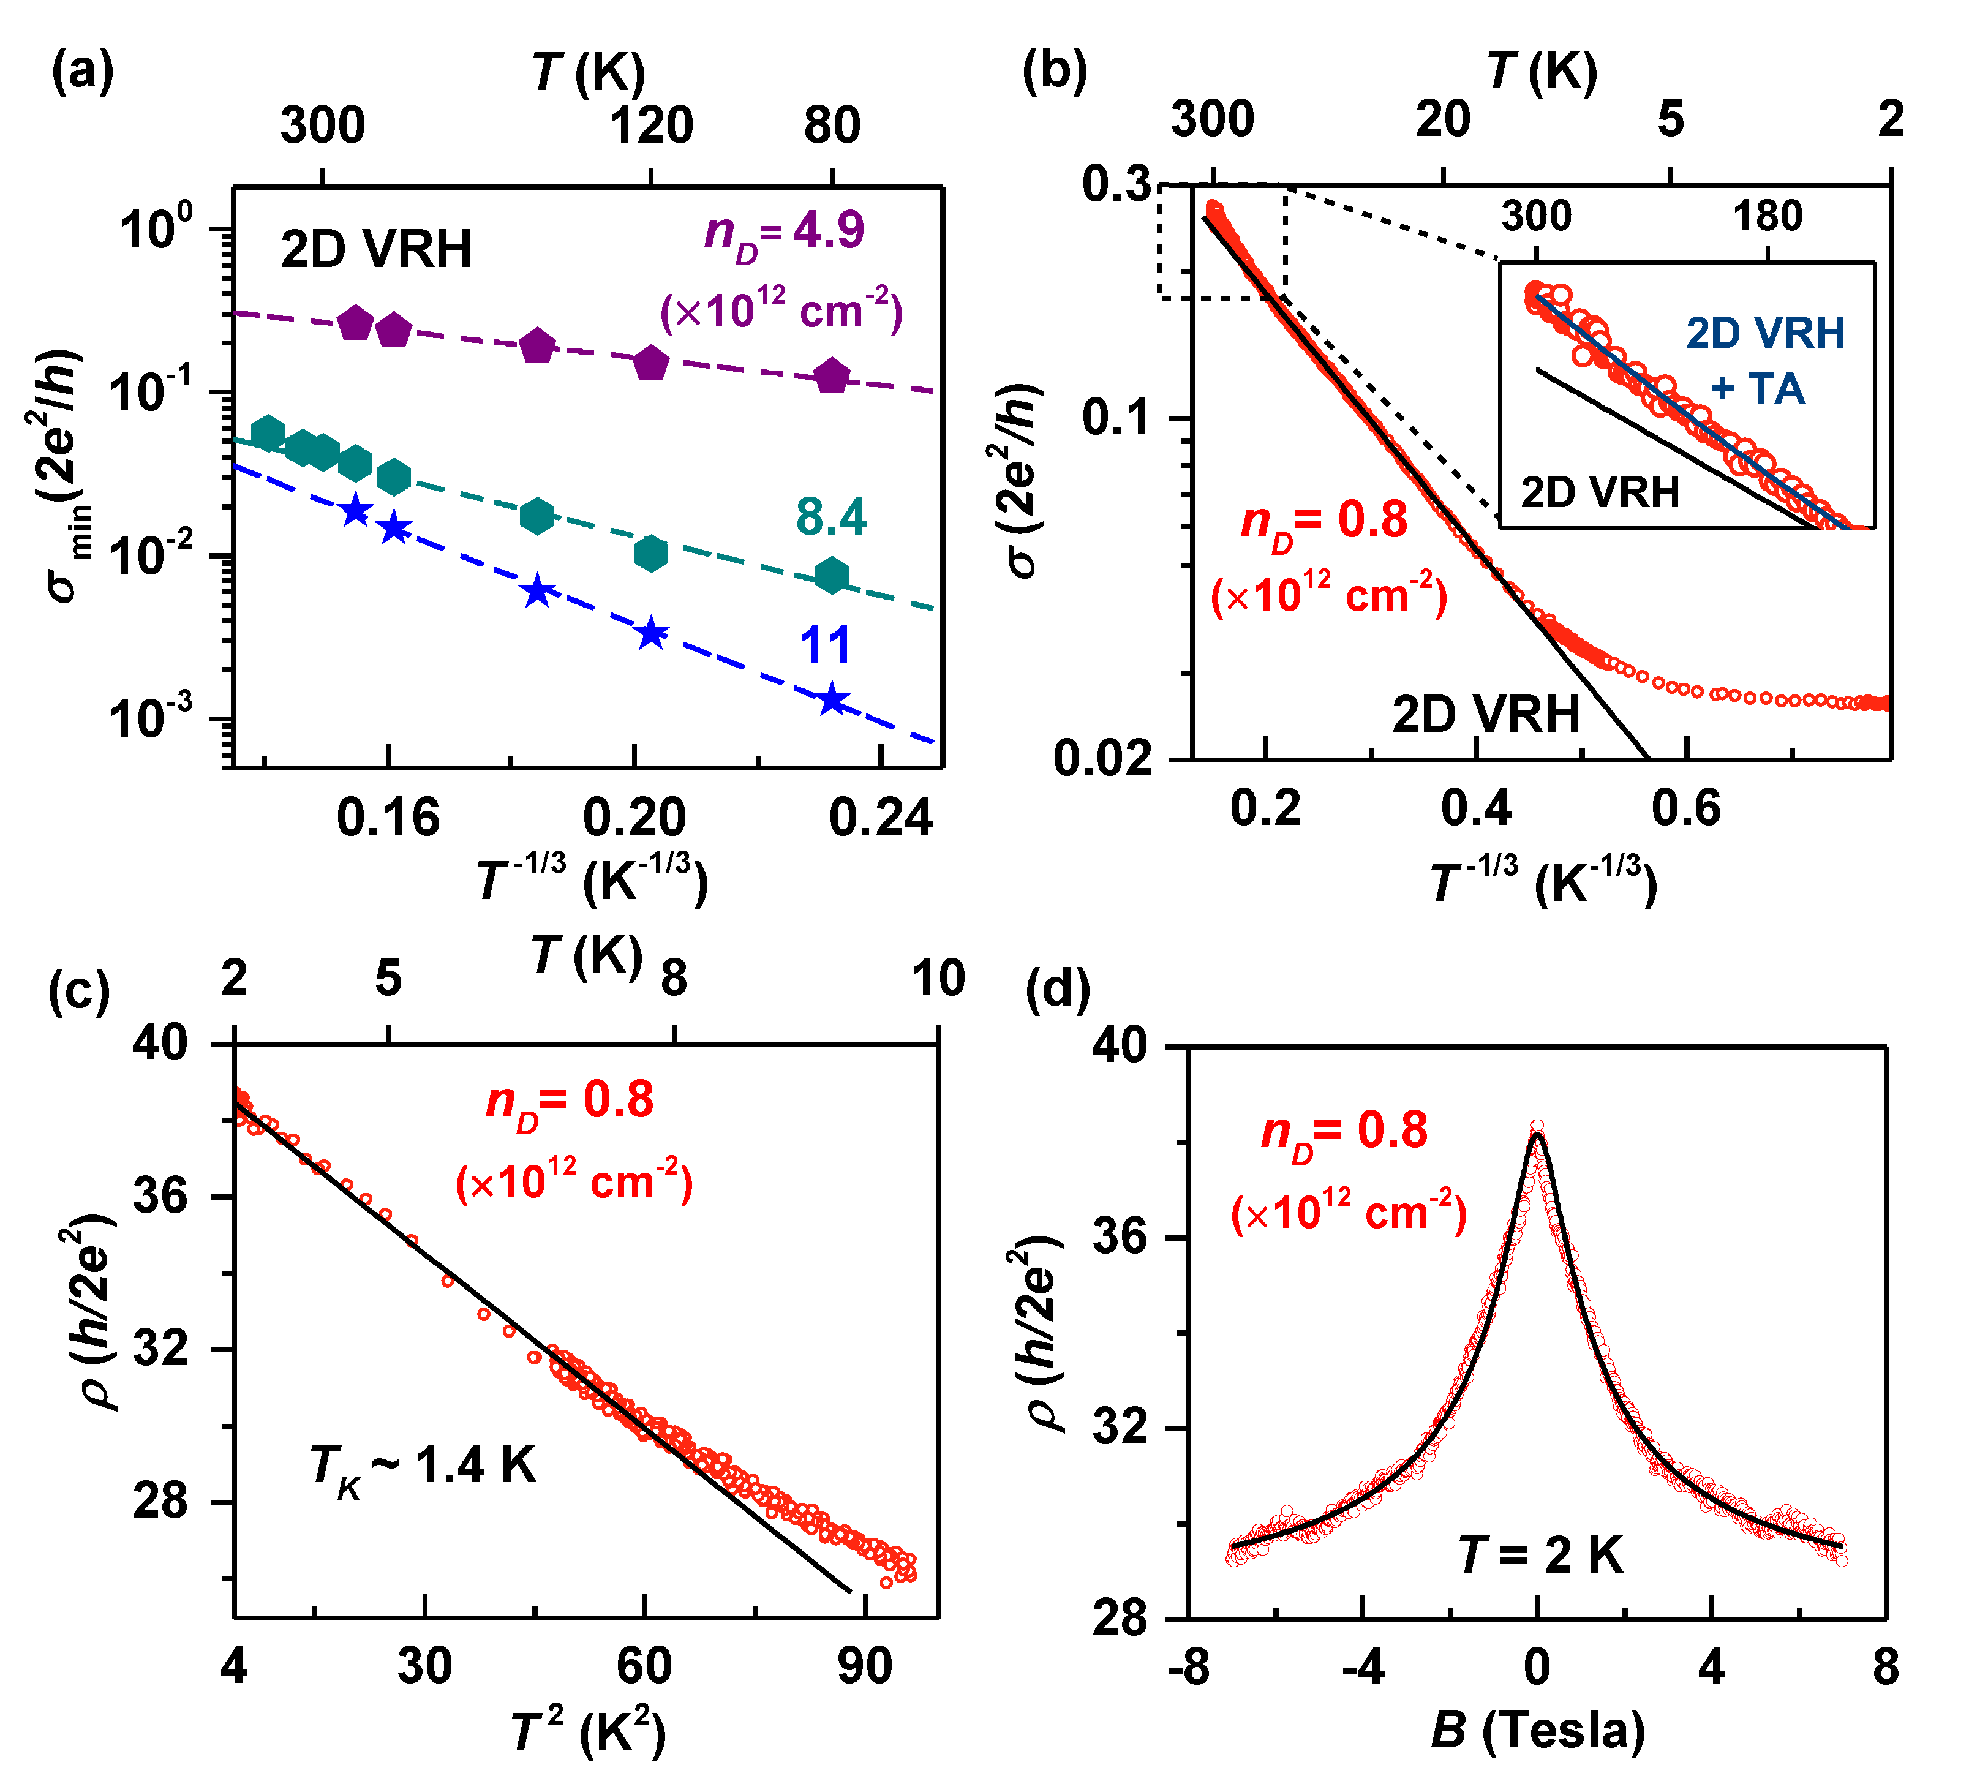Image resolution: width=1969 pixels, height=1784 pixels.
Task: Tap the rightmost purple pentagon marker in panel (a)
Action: tap(831, 376)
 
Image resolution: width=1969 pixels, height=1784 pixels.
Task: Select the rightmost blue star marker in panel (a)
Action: tap(831, 700)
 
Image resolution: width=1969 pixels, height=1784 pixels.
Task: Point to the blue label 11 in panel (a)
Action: tap(826, 644)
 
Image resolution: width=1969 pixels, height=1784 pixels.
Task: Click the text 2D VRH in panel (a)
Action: tap(376, 250)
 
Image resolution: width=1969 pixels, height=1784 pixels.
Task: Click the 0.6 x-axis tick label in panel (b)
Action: tap(1686, 808)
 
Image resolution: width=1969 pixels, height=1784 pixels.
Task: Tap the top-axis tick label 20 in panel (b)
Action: tap(1442, 120)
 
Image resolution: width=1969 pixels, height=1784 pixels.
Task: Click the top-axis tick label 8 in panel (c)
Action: tap(674, 979)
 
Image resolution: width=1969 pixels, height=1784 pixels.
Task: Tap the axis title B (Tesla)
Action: tap(1538, 1730)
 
